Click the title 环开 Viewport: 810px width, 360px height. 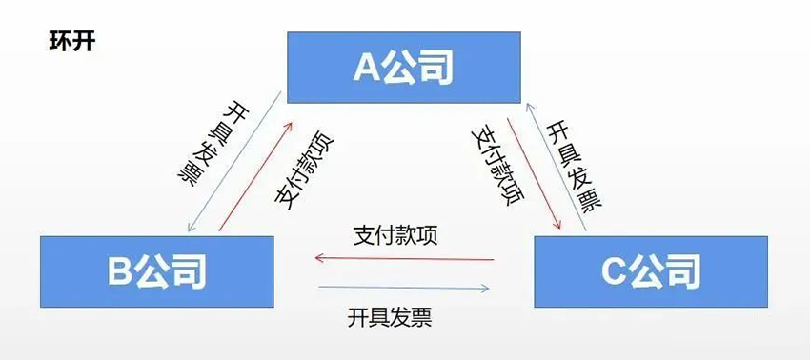[71, 42]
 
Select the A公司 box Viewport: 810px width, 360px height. [404, 67]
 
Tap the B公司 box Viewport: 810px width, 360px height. [156, 271]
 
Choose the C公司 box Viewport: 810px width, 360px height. [651, 271]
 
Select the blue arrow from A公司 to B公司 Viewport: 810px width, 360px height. [235, 162]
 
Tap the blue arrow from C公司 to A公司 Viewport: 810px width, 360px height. [557, 162]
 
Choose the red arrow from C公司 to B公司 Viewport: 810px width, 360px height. [405, 258]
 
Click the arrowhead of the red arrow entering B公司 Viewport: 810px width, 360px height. [321, 258]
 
